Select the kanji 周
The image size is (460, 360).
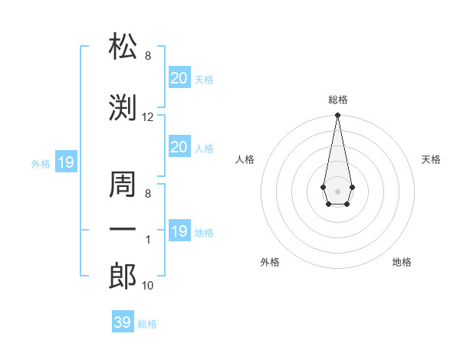coord(123,183)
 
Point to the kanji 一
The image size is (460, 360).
coord(123,229)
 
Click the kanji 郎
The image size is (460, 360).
coord(123,275)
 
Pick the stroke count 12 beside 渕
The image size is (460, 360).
coord(148,117)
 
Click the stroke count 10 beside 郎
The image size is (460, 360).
coord(148,286)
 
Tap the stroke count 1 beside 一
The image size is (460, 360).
coord(148,240)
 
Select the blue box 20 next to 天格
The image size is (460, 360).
coord(179,77)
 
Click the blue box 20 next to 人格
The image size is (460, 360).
coord(179,147)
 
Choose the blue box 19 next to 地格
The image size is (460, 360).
coord(179,231)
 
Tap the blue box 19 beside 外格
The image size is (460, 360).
coord(65,162)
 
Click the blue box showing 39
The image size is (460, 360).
coord(122,322)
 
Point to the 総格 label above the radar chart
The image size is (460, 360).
coord(337,100)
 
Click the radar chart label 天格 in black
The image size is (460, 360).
coord(431,159)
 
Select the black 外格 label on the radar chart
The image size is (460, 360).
coord(270,262)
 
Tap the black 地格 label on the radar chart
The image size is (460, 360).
coord(402,262)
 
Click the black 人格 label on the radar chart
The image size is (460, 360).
coord(245,159)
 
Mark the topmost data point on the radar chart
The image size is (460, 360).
coord(337,116)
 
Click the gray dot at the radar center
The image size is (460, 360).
coord(337,190)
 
